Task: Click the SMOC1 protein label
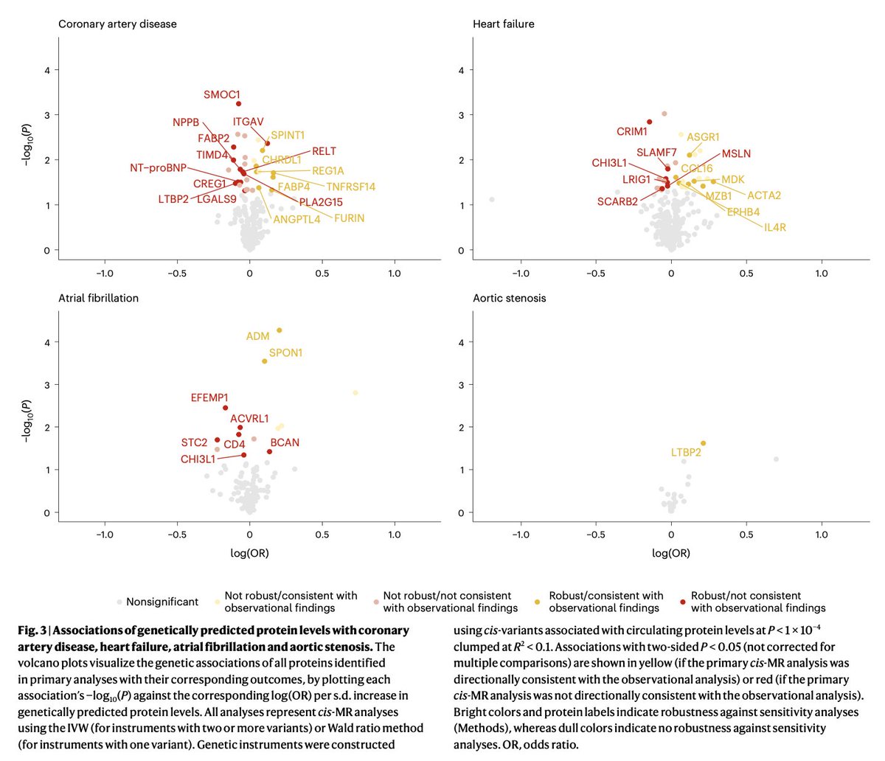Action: pyautogui.click(x=222, y=95)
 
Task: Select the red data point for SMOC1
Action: pyautogui.click(x=239, y=104)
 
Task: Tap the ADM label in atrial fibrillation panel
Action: pyautogui.click(x=257, y=336)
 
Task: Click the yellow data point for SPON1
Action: pyautogui.click(x=265, y=361)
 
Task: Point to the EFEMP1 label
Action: pyautogui.click(x=209, y=398)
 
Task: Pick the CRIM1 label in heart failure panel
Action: pyautogui.click(x=632, y=132)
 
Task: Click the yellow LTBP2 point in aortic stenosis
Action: pyautogui.click(x=703, y=443)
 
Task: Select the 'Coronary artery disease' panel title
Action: pyautogui.click(x=117, y=24)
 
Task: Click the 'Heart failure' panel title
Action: pyautogui.click(x=503, y=24)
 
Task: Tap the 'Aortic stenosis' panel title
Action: pyautogui.click(x=510, y=298)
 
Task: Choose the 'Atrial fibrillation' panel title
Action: pyautogui.click(x=98, y=298)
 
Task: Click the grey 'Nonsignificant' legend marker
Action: pyautogui.click(x=119, y=602)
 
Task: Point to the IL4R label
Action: pyautogui.click(x=774, y=227)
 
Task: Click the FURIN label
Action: pyautogui.click(x=349, y=218)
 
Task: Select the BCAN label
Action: pyautogui.click(x=285, y=442)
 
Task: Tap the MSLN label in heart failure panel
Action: pyautogui.click(x=736, y=153)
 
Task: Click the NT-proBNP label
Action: pyautogui.click(x=159, y=168)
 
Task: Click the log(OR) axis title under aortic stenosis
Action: pyautogui.click(x=671, y=553)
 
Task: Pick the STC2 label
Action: pyautogui.click(x=194, y=442)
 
